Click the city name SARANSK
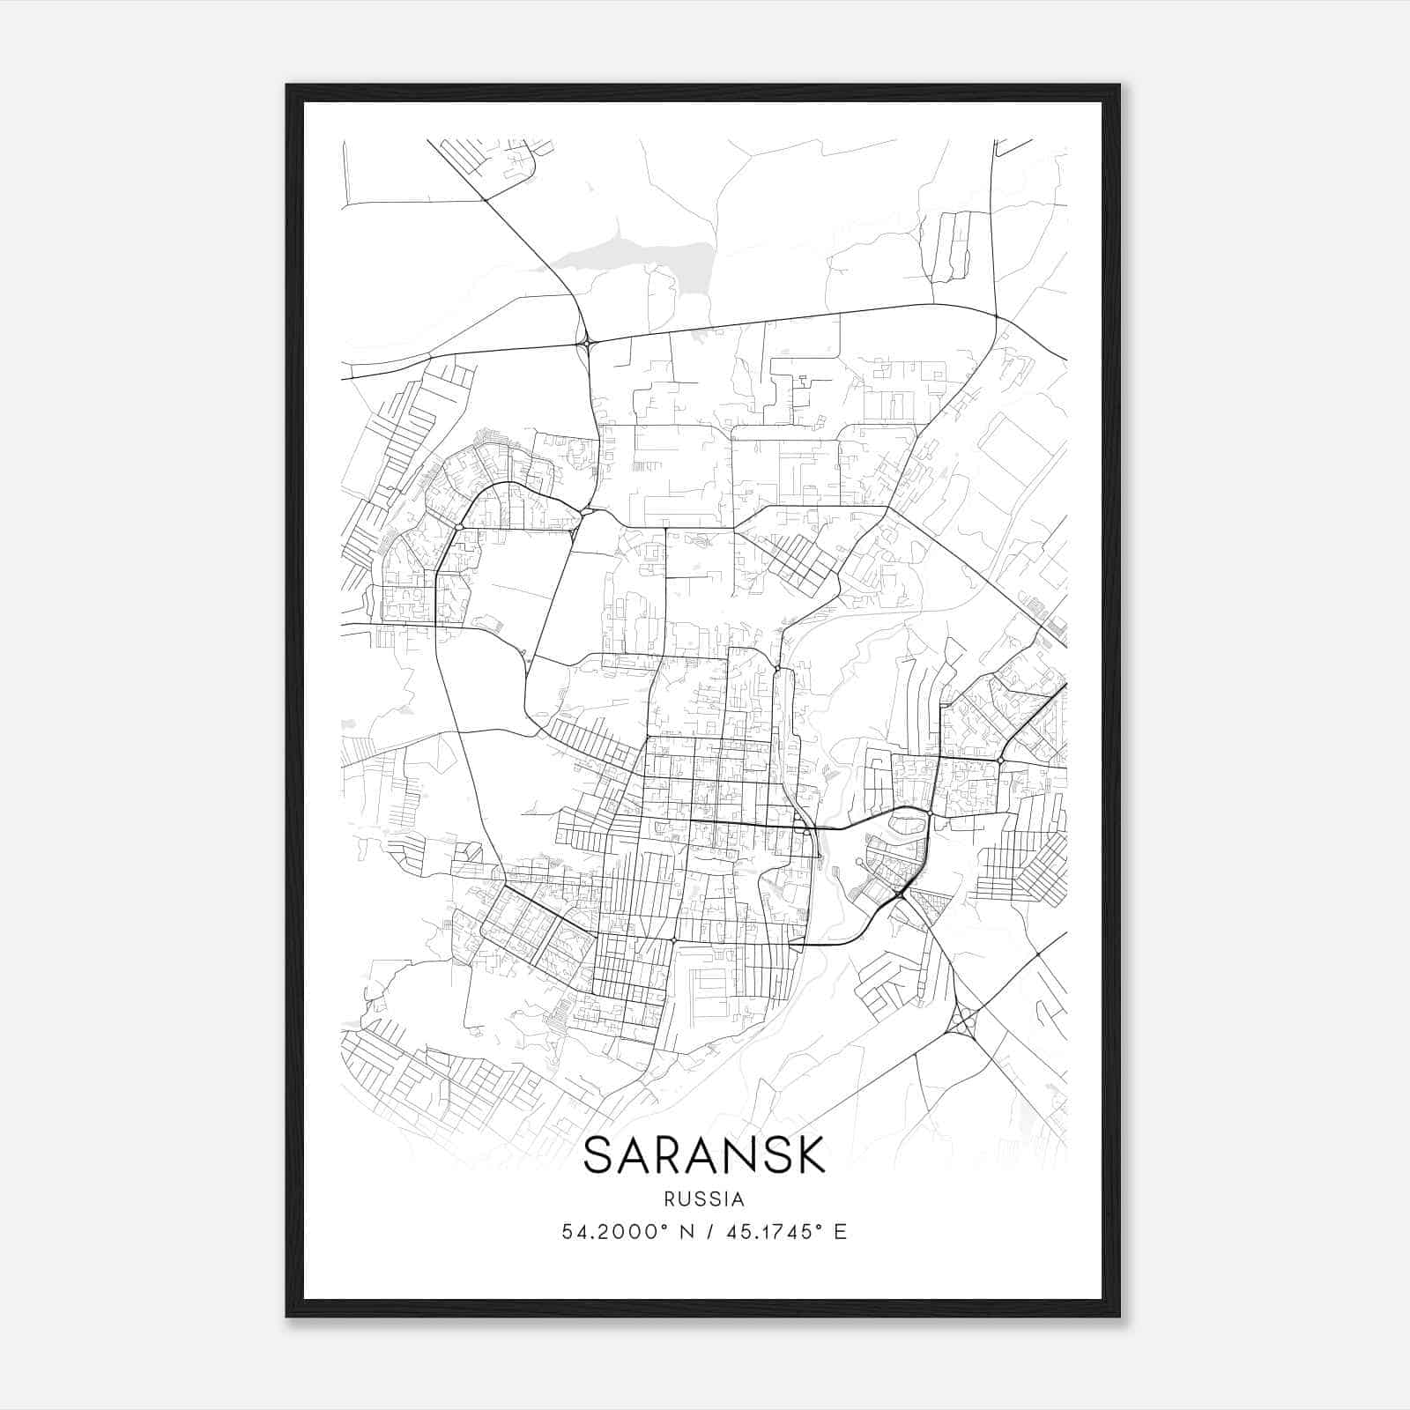tap(704, 1154)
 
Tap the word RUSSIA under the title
tap(704, 1199)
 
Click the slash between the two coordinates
tap(709, 1232)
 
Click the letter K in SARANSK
tap(808, 1154)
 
